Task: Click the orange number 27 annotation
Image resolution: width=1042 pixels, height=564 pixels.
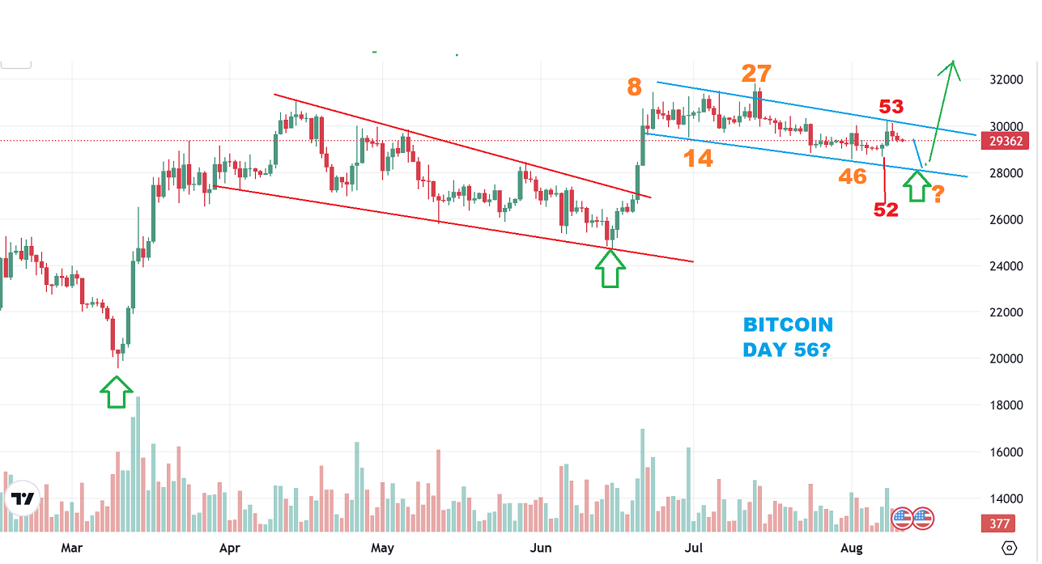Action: tap(757, 74)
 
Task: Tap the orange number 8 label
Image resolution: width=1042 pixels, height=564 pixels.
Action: tap(634, 87)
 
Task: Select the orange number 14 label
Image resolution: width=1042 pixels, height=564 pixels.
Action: tap(697, 159)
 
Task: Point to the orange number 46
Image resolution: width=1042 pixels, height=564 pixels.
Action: tap(853, 176)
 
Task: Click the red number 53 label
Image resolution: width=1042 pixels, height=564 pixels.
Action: tap(891, 106)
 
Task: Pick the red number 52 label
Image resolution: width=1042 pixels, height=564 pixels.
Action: tap(886, 210)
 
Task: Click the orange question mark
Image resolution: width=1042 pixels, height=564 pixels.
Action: tap(938, 194)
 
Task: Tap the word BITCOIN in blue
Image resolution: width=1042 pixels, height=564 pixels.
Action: tap(788, 325)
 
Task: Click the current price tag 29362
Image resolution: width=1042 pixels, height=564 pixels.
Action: tap(1006, 141)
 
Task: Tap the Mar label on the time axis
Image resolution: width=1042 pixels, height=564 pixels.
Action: tap(72, 548)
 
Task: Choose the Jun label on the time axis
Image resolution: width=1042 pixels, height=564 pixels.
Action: tap(541, 548)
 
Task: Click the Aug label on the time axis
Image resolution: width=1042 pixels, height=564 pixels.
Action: tap(852, 548)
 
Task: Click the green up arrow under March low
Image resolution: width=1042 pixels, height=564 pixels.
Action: tap(116, 394)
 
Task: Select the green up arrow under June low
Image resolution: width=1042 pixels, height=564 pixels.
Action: tap(610, 269)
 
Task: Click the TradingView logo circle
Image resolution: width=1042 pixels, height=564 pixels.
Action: tap(22, 500)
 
